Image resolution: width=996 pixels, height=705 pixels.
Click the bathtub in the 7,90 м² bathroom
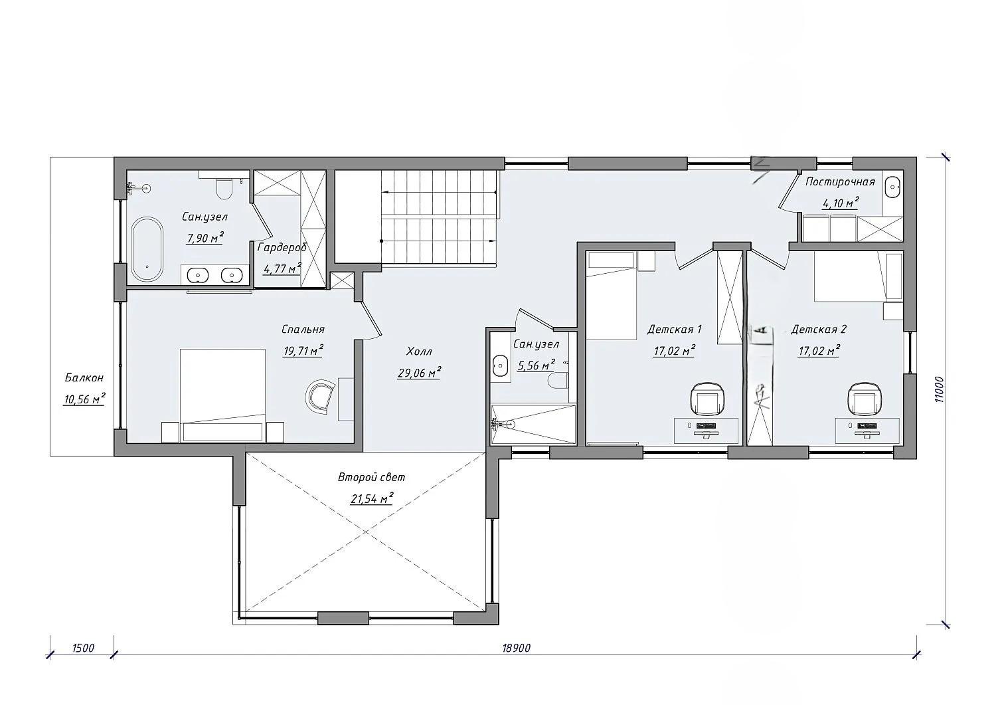point(147,249)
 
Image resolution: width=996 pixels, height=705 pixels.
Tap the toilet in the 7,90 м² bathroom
point(223,188)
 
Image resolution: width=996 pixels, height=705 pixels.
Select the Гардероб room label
point(282,247)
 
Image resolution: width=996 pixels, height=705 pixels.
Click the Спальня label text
point(303,329)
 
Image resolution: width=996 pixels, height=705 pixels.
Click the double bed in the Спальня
point(222,395)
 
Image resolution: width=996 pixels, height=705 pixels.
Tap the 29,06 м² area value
point(419,373)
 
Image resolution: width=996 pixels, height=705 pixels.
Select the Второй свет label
point(372,478)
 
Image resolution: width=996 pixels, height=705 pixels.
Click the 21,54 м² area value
point(372,498)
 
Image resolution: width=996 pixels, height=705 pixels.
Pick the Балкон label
point(84,377)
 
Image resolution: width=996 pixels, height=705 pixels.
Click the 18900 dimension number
point(516,648)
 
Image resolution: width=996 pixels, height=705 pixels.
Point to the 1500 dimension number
point(83,648)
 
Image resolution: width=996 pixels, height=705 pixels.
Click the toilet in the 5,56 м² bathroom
point(558,381)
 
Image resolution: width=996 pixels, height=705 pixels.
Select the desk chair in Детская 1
point(708,399)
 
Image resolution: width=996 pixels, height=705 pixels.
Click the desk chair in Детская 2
point(865,399)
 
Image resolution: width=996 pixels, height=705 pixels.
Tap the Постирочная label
point(840,181)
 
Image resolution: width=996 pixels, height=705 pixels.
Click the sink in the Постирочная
point(892,187)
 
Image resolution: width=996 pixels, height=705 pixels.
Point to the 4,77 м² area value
point(282,269)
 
